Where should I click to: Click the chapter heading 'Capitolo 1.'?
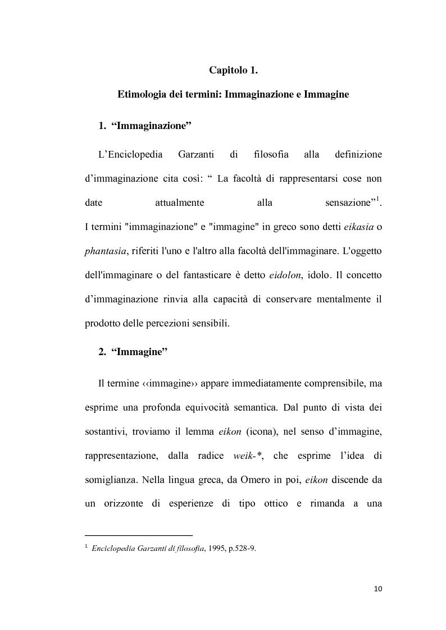click(233, 71)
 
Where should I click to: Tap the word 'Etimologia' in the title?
click(143, 95)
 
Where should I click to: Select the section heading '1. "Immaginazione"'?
click(145, 126)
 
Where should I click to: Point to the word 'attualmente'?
click(179, 203)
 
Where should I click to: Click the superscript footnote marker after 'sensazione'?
click(378, 199)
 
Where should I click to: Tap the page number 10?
click(377, 588)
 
